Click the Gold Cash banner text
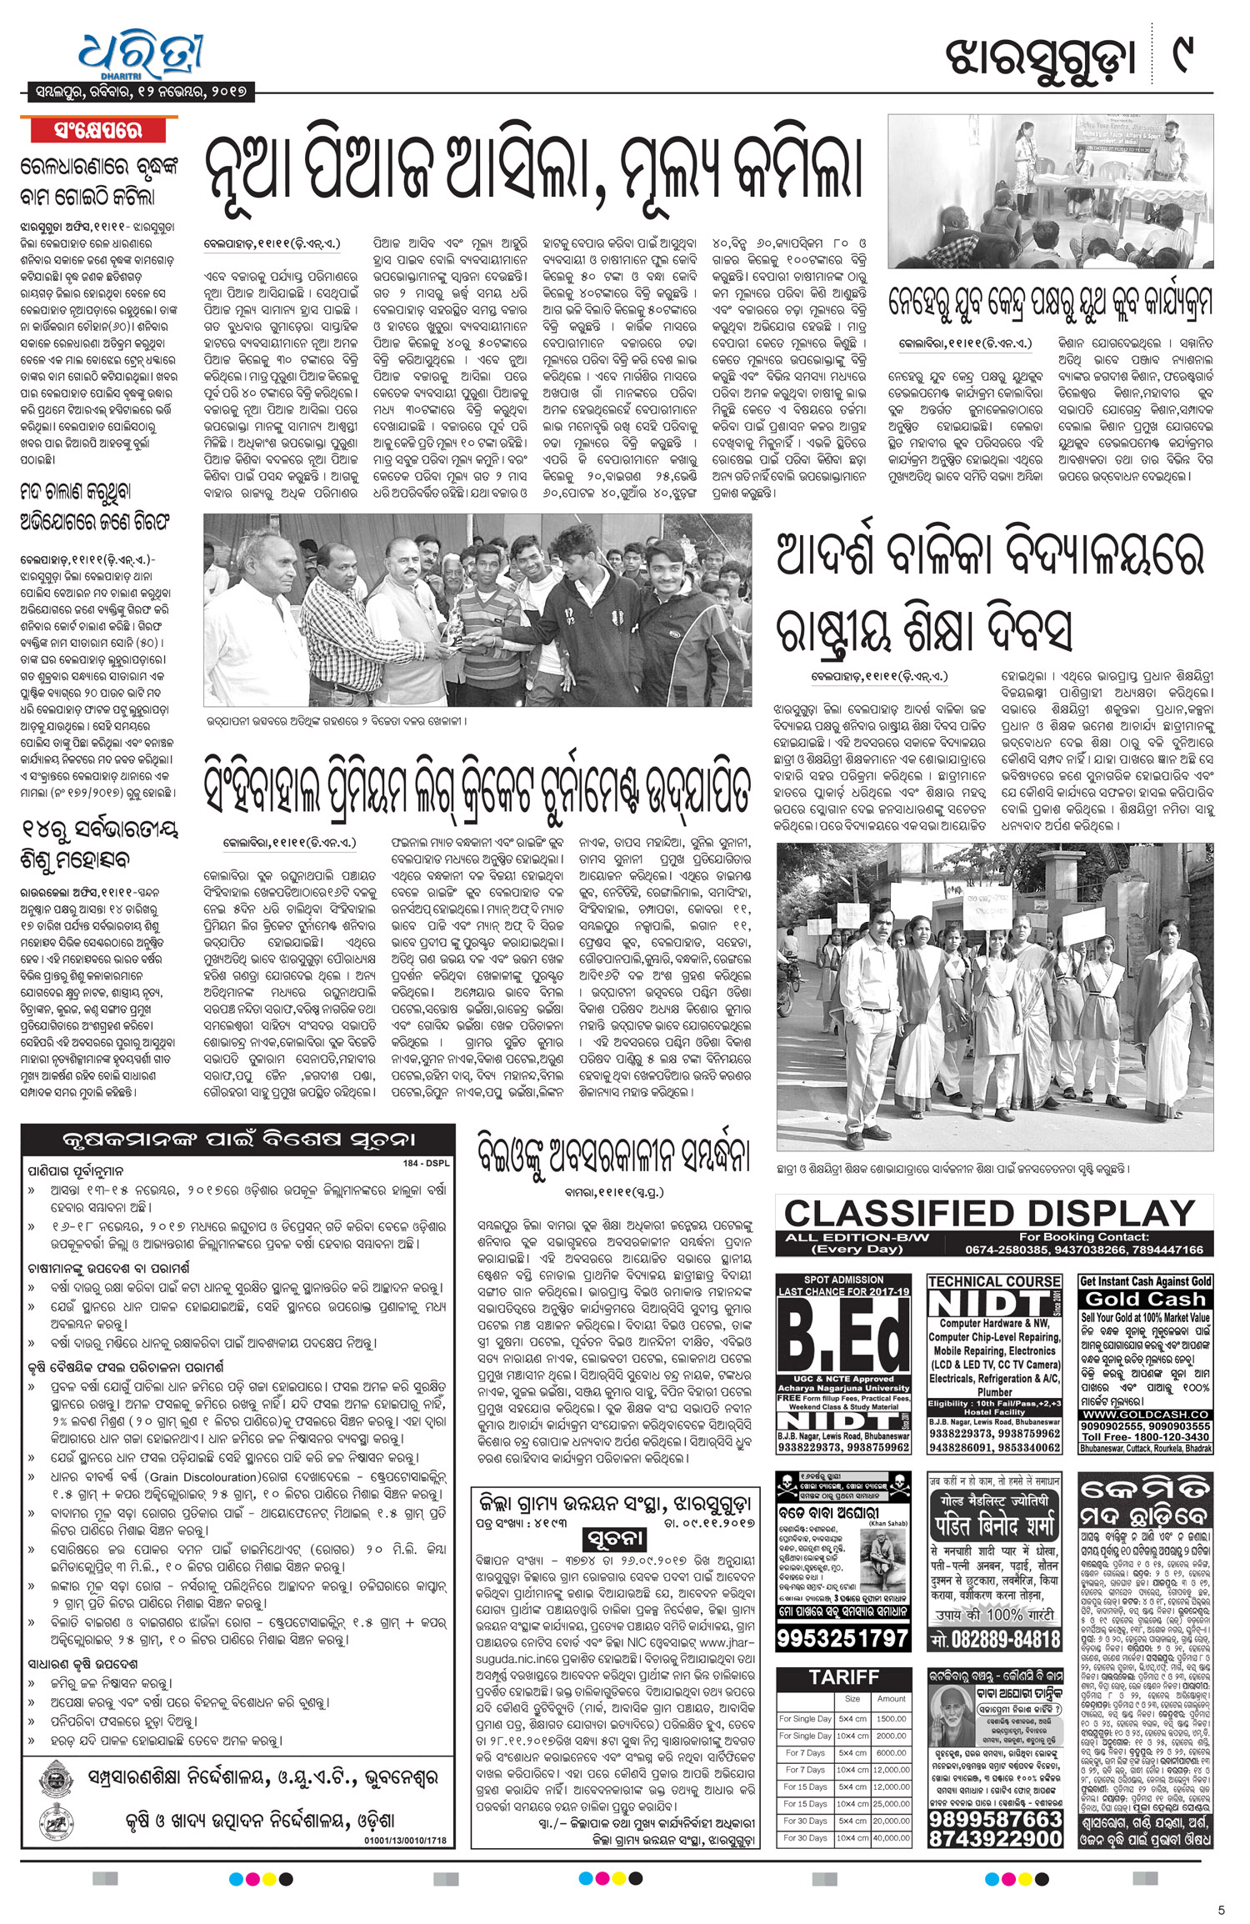[x=1145, y=1299]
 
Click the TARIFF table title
[x=843, y=1676]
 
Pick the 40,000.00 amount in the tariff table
[x=891, y=1837]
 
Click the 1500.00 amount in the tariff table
[x=891, y=1718]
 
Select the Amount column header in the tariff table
[x=891, y=1698]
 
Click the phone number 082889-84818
[x=994, y=1638]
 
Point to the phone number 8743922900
[x=994, y=1837]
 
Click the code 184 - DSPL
[x=426, y=1163]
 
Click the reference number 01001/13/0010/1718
[x=405, y=1840]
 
